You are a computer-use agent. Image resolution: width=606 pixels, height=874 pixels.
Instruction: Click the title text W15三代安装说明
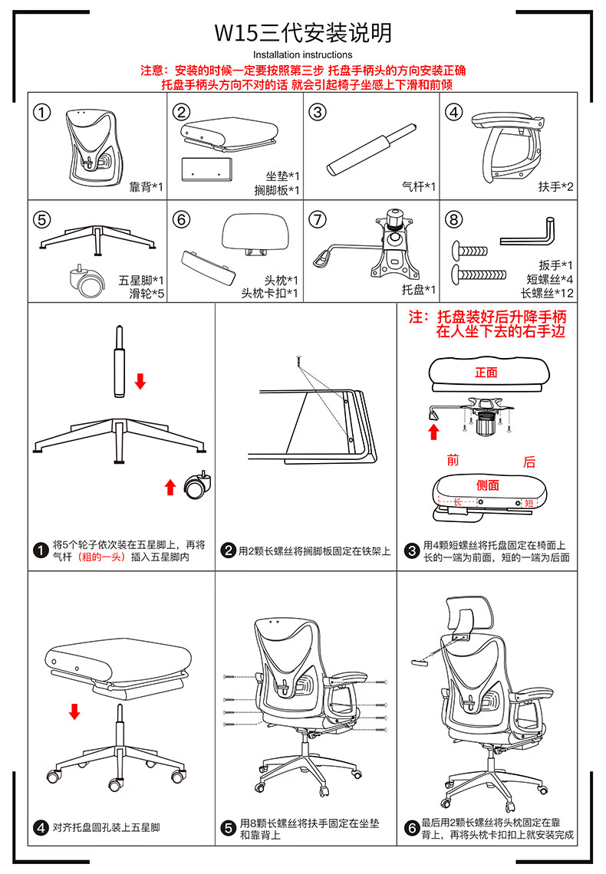[303, 33]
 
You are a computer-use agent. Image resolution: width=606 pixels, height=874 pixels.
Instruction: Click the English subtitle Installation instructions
[303, 54]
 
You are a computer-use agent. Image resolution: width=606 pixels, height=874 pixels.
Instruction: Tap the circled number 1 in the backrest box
[42, 112]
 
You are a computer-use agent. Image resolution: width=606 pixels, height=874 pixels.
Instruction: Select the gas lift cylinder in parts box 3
[372, 149]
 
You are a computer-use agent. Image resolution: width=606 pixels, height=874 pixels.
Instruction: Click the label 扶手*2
[555, 187]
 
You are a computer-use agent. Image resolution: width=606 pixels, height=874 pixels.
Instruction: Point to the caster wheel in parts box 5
[87, 281]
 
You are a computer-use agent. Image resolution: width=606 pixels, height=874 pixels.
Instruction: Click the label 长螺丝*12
[548, 293]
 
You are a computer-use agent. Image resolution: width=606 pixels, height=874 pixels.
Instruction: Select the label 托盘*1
[419, 290]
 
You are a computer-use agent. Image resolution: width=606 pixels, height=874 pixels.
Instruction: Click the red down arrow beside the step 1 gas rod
[140, 381]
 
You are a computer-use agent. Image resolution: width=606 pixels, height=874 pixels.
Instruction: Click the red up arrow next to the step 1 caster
[170, 487]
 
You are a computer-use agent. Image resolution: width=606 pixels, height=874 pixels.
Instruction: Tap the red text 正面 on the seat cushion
[486, 373]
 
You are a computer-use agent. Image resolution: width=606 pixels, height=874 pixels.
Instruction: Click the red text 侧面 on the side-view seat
[488, 485]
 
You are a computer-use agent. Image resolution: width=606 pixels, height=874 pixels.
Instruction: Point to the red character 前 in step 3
[453, 461]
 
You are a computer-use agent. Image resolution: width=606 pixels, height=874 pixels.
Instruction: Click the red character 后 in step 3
[529, 462]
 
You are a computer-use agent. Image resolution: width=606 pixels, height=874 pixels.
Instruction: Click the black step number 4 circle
[41, 828]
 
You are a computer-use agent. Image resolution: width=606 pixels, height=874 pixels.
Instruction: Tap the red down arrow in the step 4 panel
[74, 711]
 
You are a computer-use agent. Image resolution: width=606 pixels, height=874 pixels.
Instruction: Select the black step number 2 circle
[229, 550]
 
